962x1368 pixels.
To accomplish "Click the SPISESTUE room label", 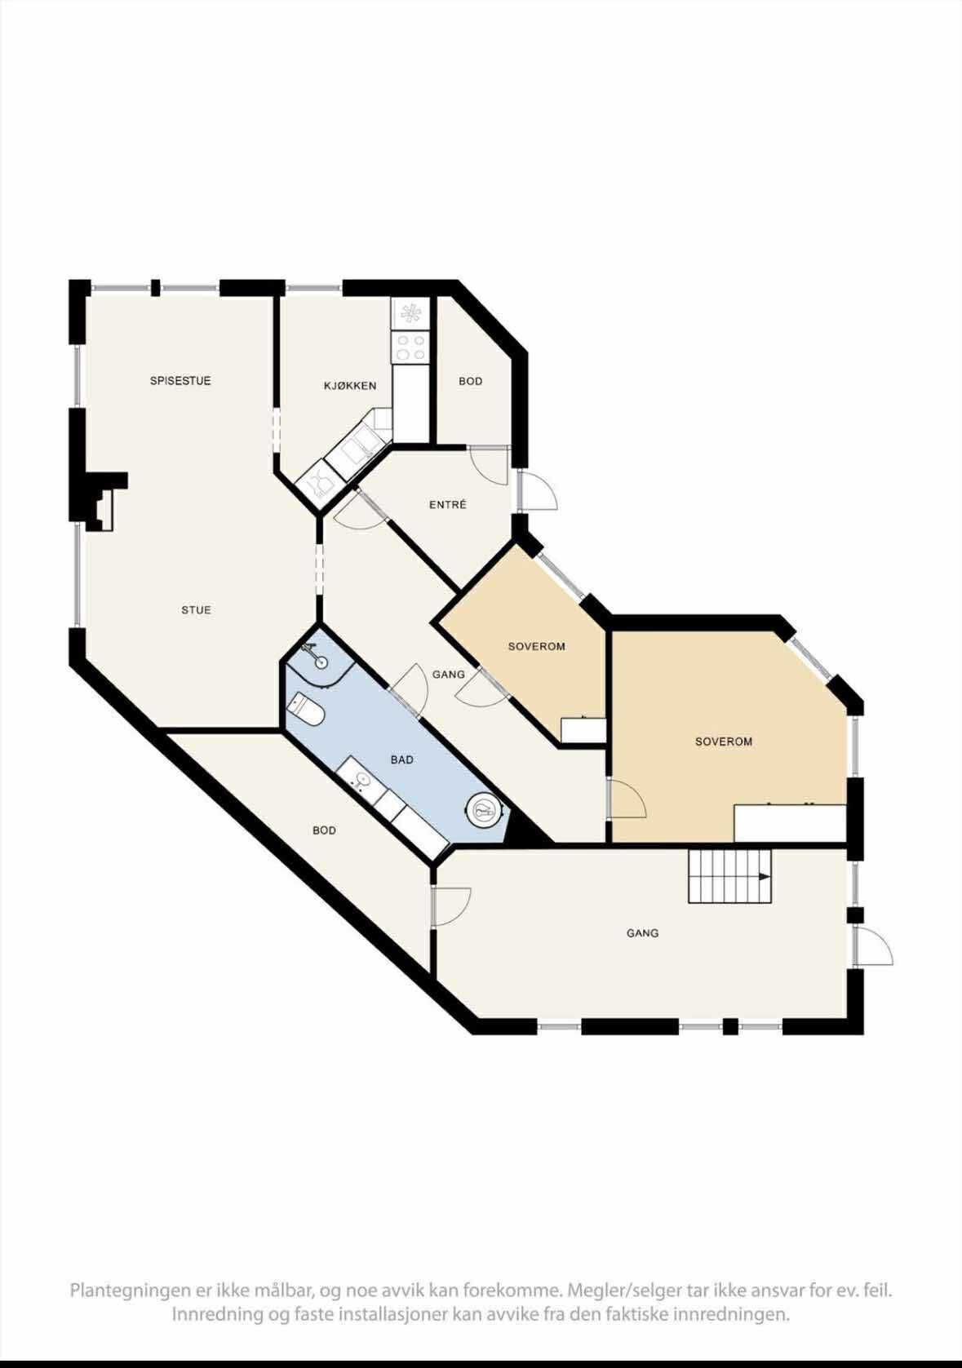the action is [x=180, y=381].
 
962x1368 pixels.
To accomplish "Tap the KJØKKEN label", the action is [x=349, y=386].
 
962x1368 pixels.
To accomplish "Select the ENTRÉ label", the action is [x=448, y=505].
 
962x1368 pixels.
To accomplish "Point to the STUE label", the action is [x=196, y=609].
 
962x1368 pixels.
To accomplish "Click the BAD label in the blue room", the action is [x=402, y=759].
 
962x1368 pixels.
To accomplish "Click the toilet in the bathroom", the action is [x=304, y=710].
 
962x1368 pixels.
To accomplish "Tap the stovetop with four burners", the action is [x=411, y=348].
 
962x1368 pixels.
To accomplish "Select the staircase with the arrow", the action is [x=730, y=876].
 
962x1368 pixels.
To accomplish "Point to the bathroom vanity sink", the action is [x=361, y=779].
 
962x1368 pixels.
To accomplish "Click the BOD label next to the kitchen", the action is [x=470, y=381].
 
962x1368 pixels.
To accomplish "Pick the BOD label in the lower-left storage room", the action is [x=324, y=830].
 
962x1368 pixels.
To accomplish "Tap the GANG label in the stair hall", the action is [x=642, y=933].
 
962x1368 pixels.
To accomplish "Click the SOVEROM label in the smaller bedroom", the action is [x=537, y=646].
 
